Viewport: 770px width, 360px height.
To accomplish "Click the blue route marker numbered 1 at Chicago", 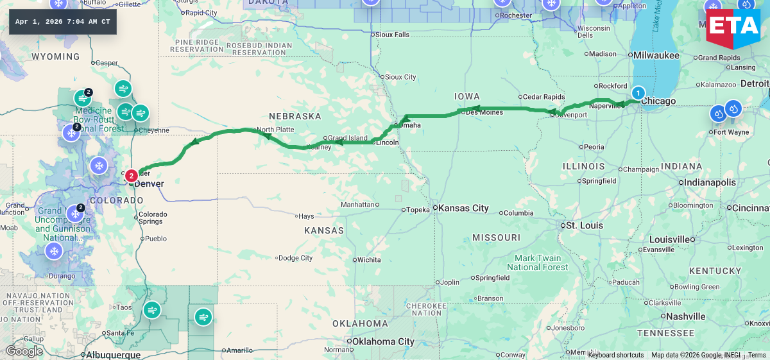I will (638, 92).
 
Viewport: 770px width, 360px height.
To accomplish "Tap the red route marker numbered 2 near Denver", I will (131, 175).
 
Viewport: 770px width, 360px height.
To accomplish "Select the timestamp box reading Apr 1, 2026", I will (63, 22).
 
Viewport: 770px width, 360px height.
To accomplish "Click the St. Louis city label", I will (584, 225).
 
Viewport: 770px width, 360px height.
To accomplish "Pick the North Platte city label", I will (275, 130).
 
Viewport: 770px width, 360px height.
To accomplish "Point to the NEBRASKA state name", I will (295, 116).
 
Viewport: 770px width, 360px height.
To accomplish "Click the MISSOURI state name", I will (496, 237).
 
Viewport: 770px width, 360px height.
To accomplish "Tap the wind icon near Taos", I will (152, 311).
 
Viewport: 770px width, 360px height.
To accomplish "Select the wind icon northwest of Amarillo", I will (203, 316).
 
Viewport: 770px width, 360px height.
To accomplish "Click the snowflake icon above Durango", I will (54, 251).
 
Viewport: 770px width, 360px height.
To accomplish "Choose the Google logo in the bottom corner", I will (24, 351).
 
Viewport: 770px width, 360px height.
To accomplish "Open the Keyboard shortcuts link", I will (615, 355).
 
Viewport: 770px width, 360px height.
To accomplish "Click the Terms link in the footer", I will (757, 355).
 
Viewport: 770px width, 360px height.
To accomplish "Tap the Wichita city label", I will (369, 260).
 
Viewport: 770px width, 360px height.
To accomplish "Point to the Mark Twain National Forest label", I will (537, 262).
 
